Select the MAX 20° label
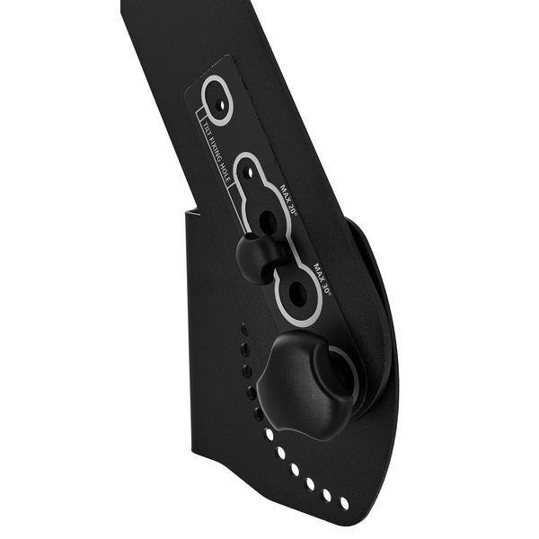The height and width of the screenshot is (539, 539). tap(288, 200)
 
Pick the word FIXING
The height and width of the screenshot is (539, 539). tap(216, 150)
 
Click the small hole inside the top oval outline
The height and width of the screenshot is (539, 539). tap(221, 104)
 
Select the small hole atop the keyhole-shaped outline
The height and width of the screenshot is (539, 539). tap(250, 172)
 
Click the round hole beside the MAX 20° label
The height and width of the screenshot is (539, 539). tap(269, 220)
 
